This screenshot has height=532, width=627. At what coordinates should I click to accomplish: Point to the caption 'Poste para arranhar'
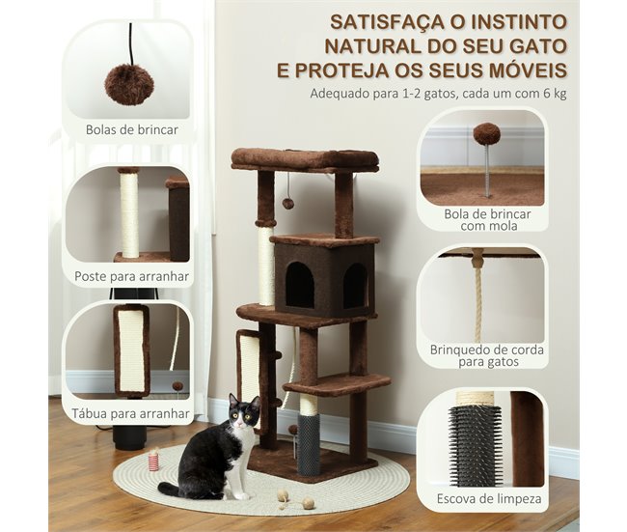pos(132,276)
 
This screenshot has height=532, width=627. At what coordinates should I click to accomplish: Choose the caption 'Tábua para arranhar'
pos(131,413)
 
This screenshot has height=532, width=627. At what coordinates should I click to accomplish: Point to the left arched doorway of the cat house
pos(299,285)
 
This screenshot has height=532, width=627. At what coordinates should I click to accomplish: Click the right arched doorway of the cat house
pos(355,286)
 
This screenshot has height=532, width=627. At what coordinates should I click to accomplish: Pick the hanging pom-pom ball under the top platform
pos(287,203)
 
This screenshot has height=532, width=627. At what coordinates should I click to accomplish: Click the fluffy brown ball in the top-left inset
pos(129,85)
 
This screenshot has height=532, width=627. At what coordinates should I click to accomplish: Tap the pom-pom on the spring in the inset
pos(486,133)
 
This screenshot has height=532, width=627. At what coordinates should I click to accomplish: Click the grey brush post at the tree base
pos(309,445)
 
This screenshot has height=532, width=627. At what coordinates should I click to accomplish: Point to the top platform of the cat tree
pos(304,158)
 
